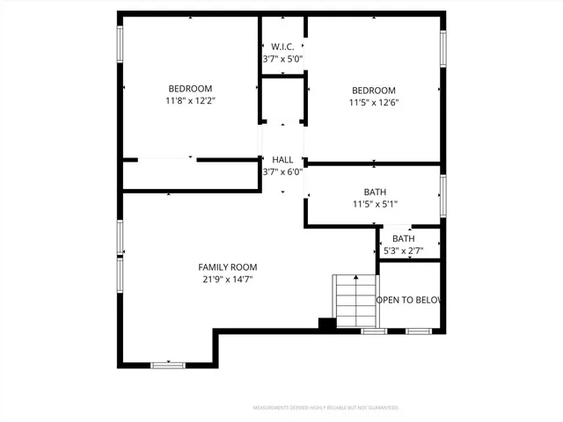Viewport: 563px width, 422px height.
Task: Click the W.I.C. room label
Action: coord(282,47)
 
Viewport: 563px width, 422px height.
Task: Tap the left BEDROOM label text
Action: coord(190,89)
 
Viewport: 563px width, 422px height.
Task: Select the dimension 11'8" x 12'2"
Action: coord(190,101)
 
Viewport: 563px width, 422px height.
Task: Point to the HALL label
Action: coord(282,159)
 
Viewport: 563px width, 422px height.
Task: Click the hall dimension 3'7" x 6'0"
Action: coord(282,171)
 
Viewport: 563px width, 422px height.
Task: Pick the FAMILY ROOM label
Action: coord(228,267)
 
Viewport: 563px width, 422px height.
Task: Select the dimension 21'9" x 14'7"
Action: coord(228,280)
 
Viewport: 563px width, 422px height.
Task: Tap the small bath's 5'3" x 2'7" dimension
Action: coord(404,251)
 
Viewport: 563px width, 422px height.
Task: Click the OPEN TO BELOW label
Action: coord(409,300)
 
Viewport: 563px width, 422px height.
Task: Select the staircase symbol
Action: coord(354,301)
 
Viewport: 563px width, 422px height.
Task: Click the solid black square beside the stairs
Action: coord(326,324)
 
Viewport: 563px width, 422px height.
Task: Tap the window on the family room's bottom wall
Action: coord(167,364)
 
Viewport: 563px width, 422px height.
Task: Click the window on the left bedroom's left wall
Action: coord(121,45)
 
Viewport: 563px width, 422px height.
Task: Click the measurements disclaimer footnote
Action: coord(325,408)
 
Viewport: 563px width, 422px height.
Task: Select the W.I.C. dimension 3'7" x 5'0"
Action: coord(282,59)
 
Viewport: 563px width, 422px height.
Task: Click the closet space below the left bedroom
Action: coord(189,176)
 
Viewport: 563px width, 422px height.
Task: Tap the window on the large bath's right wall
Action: coord(443,194)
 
